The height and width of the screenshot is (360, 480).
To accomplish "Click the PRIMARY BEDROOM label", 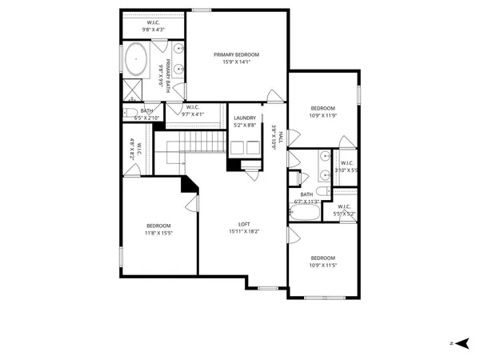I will click(236, 54).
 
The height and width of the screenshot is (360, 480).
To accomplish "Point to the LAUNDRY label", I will click(245, 118).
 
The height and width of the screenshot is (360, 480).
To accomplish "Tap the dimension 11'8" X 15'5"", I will click(158, 233).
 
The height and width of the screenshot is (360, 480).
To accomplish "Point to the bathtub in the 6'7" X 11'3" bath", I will click(304, 211).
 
